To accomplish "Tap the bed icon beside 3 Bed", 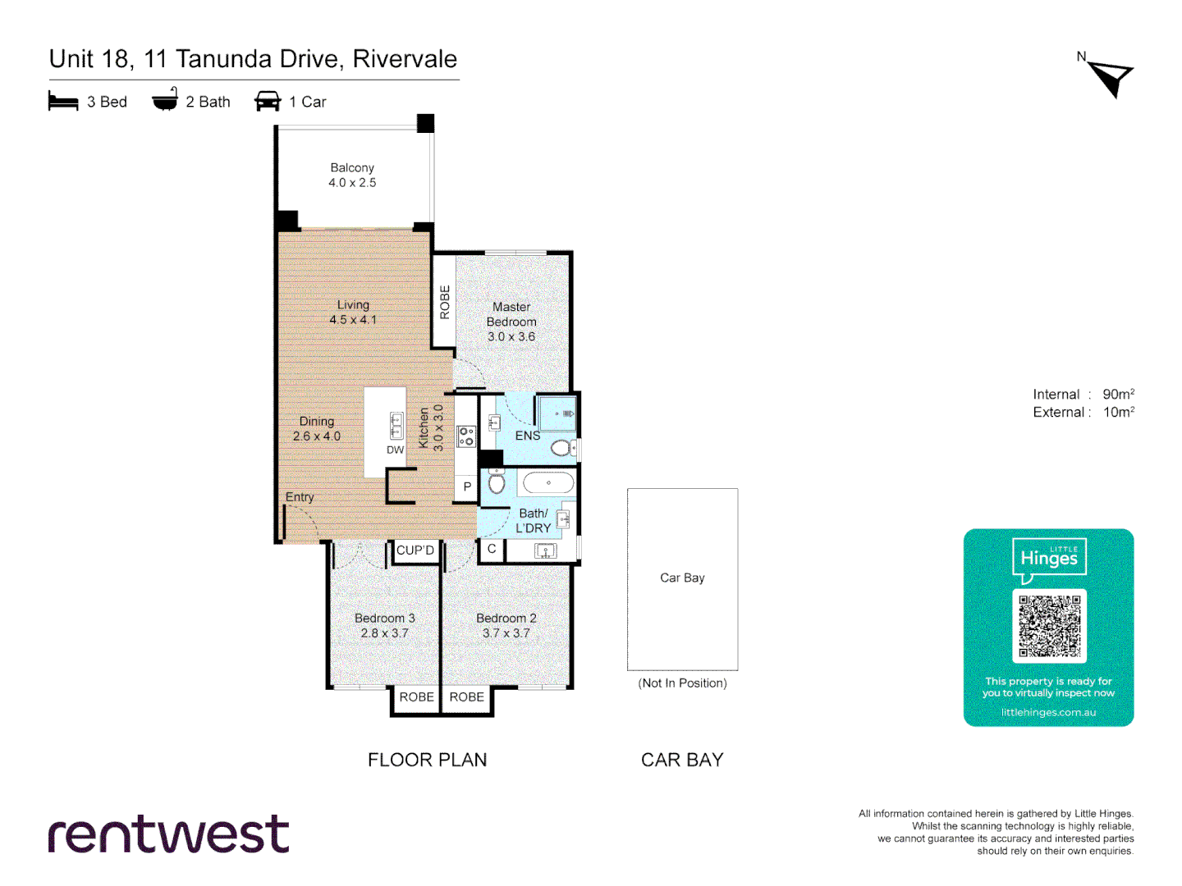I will pos(63,102).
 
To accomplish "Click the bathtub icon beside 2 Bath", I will pos(165,100).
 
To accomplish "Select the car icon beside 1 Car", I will pos(268,102).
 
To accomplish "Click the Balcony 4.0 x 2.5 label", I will pos(352,175).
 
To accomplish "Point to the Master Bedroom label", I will pos(511,314).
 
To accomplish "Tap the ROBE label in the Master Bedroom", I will pos(445,302).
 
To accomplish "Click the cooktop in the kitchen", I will pos(466,436).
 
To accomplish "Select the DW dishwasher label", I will pos(395,450).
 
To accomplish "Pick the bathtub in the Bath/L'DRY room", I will pos(548,482).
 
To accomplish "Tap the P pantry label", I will pos(467,486).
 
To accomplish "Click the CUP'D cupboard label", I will pos(415,550).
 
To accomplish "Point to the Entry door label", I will pos(300,497).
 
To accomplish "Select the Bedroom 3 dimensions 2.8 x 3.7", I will pos(384,633).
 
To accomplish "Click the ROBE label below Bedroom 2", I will pos(466,696).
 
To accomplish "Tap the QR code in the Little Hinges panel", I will pos(1049,626).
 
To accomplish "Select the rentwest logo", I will pos(169,834).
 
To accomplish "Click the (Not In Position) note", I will pos(682,683).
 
